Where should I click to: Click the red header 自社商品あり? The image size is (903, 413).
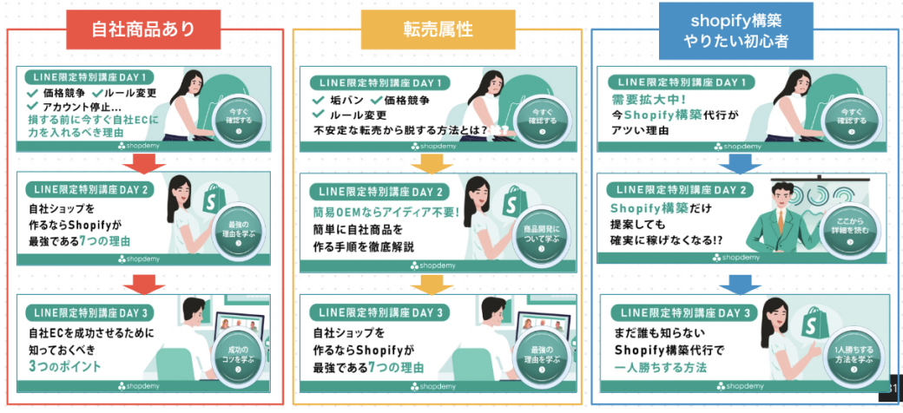144,29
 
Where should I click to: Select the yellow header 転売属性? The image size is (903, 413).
436,29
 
